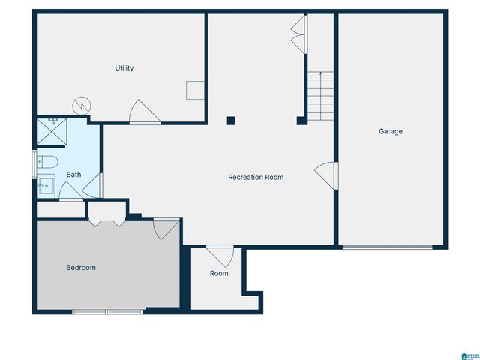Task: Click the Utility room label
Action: point(124,68)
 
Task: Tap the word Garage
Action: point(390,131)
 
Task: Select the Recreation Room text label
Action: point(256,177)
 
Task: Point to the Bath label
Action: point(73,175)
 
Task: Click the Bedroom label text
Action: point(81,267)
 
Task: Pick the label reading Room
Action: point(219,273)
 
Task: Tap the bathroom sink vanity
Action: point(45,184)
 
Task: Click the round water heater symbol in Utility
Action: point(81,106)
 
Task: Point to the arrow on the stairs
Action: point(321,76)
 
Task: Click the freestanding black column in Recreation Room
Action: point(231,120)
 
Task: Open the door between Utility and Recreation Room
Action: point(144,112)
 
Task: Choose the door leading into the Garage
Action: point(326,176)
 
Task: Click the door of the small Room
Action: point(220,255)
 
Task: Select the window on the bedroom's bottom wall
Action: point(107,311)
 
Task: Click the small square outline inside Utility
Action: point(194,90)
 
